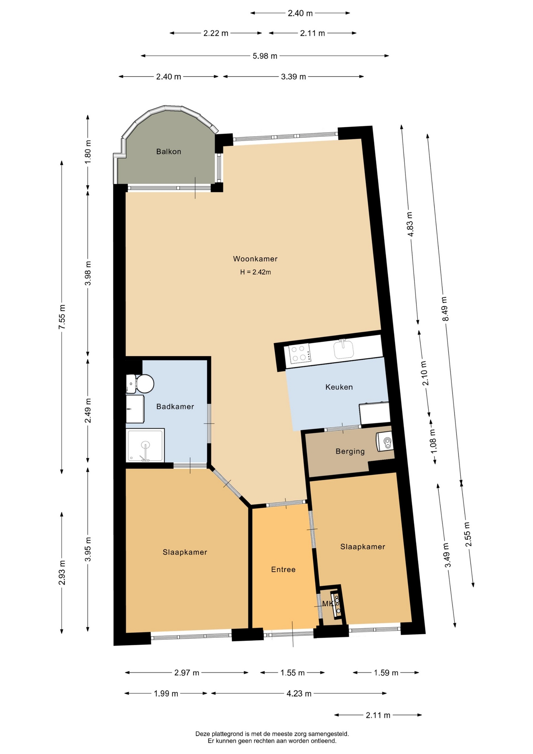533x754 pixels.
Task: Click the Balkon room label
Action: click(168, 152)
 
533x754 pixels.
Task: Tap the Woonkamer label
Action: click(255, 259)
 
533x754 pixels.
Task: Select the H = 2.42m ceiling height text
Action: click(256, 272)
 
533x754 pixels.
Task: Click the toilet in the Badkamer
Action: click(140, 384)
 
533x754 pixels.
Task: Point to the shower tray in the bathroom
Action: click(145, 445)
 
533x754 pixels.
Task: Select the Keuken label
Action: click(339, 387)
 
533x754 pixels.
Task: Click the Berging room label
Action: click(350, 452)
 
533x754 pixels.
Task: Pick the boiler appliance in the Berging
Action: click(385, 441)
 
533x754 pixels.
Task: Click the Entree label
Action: click(283, 569)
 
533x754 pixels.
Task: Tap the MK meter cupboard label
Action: click(327, 604)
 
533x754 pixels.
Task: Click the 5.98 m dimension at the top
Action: click(265, 56)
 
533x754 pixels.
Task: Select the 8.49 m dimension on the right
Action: click(445, 309)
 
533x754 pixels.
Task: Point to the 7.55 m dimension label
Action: click(62, 317)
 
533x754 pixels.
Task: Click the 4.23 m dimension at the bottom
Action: click(299, 694)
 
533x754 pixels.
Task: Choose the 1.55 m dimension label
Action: click(292, 673)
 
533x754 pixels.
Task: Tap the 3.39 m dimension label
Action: click(294, 77)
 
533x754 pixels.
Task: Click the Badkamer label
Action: click(175, 407)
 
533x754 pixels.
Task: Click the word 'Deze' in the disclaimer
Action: click(203, 734)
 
